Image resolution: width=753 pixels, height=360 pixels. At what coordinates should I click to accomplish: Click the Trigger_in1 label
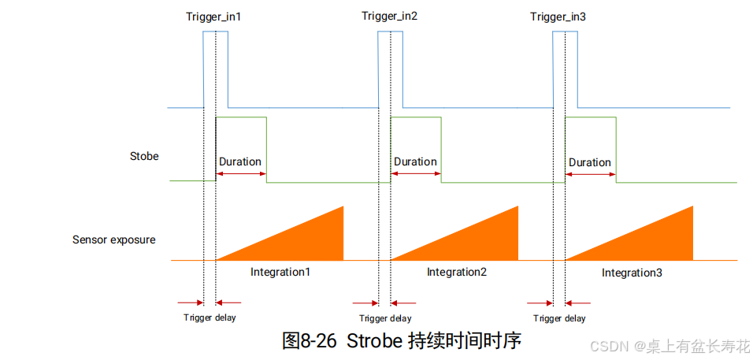pos(213,17)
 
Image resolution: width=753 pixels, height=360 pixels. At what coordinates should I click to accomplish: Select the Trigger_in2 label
pos(389,17)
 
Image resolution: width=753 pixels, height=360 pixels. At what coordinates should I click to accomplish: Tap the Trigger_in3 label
pos(558,17)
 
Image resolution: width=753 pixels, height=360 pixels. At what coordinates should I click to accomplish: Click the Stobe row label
pos(144,156)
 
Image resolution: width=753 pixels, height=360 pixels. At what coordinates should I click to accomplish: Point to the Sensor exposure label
pos(113,239)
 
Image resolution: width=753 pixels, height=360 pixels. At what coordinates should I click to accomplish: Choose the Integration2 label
pos(457,272)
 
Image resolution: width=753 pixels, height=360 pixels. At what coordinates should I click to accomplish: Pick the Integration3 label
pos(632,273)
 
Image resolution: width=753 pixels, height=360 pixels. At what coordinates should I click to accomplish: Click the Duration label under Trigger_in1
pos(240,161)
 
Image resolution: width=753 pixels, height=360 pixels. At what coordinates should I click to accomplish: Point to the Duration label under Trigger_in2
pos(415,161)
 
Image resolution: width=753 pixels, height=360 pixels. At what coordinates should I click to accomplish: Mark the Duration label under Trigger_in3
pos(590,161)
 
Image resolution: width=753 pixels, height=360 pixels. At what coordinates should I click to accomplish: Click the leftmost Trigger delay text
pos(210,317)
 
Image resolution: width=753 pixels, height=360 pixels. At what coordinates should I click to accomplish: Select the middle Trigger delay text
pos(385,318)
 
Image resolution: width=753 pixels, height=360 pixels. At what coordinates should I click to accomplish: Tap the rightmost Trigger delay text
pos(559,318)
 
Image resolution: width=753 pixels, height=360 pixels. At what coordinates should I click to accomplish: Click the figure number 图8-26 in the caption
pos(309,341)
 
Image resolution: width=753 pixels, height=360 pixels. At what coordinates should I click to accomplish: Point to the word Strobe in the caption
pos(373,341)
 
